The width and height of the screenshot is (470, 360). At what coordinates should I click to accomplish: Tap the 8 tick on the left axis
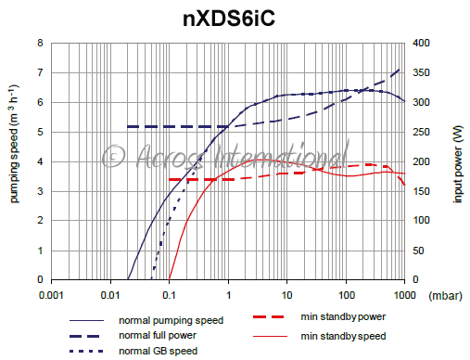39,43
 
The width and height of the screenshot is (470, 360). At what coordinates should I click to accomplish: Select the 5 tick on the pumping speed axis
39,132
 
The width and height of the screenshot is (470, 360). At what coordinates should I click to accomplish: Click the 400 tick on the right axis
421,43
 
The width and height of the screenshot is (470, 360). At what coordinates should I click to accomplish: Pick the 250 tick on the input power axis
421,132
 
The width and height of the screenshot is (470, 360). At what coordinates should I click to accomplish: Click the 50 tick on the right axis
418,251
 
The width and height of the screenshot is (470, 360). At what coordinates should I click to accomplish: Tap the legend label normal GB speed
158,350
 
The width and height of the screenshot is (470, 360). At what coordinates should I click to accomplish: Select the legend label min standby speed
344,335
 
